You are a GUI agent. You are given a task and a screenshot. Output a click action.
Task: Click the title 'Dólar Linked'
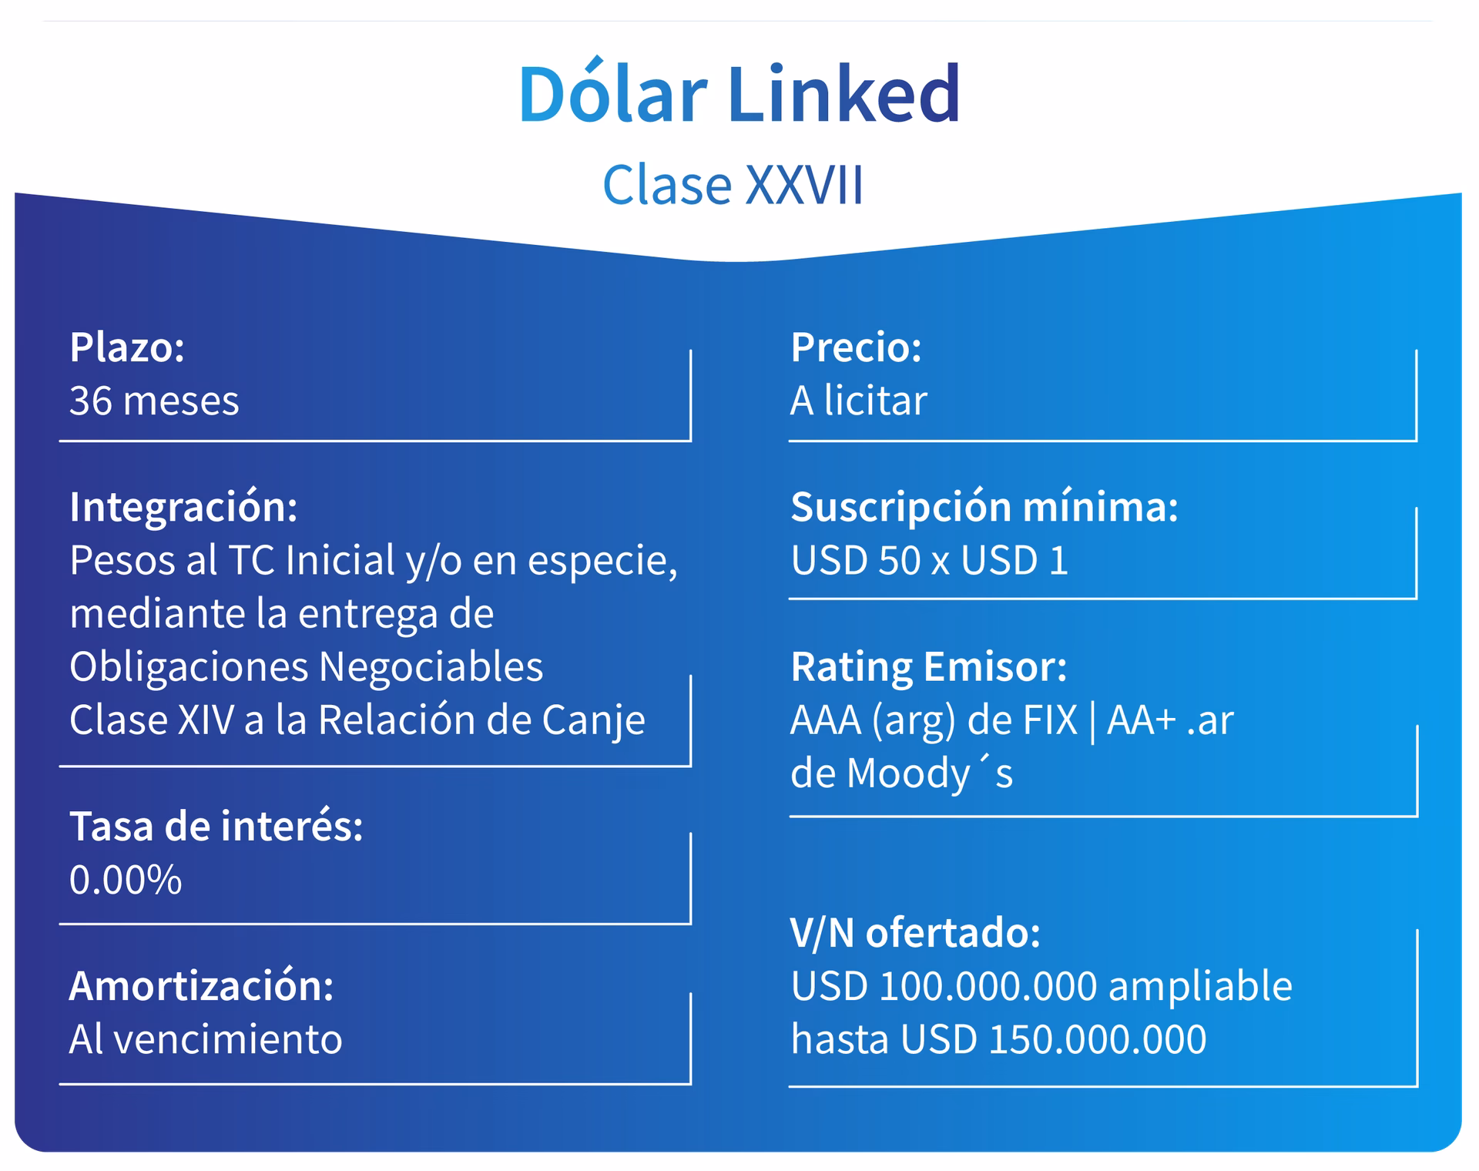pyautogui.click(x=739, y=94)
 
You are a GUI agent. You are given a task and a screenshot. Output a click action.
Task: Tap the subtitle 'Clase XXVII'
pyautogui.click(x=733, y=186)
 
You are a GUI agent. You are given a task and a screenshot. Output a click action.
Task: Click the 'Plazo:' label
pyautogui.click(x=127, y=347)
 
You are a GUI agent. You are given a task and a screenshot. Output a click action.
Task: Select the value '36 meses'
pyautogui.click(x=154, y=401)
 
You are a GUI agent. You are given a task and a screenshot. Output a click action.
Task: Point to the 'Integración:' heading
pyautogui.click(x=183, y=507)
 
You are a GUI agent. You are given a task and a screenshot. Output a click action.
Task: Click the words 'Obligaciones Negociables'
pyautogui.click(x=306, y=666)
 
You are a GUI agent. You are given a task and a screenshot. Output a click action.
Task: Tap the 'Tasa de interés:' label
pyautogui.click(x=216, y=827)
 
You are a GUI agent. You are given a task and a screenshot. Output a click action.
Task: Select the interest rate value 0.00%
pyautogui.click(x=126, y=880)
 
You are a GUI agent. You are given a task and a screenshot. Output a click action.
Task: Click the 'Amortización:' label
pyautogui.click(x=201, y=986)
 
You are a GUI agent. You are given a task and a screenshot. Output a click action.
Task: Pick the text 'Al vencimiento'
pyautogui.click(x=206, y=1039)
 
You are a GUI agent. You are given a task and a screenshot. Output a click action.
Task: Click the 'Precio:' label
pyautogui.click(x=856, y=347)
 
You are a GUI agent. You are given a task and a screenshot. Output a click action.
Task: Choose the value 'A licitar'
pyautogui.click(x=858, y=401)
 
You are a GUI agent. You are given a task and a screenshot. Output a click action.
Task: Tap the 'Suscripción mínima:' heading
pyautogui.click(x=984, y=507)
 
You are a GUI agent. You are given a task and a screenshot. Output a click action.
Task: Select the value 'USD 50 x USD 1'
pyautogui.click(x=929, y=560)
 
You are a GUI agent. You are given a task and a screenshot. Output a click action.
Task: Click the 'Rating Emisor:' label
pyautogui.click(x=928, y=666)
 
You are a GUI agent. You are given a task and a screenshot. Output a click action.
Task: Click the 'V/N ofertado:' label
pyautogui.click(x=915, y=933)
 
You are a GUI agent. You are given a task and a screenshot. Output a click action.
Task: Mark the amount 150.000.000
pyautogui.click(x=1097, y=1039)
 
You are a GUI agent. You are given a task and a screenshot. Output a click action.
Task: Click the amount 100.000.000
pyautogui.click(x=988, y=986)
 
